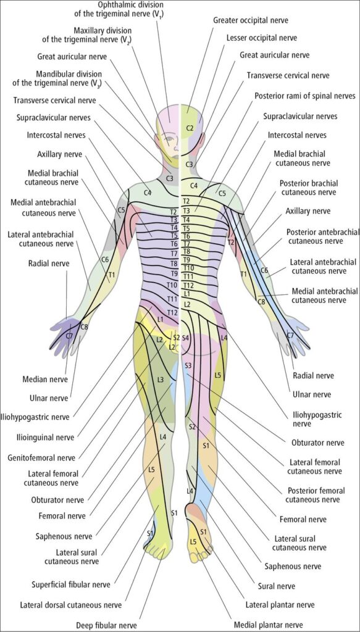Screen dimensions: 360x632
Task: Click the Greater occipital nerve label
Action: tap(251, 20)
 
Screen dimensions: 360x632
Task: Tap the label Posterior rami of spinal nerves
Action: tap(305, 96)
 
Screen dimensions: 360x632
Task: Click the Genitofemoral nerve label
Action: tap(41, 458)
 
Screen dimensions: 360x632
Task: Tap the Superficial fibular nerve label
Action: tap(73, 584)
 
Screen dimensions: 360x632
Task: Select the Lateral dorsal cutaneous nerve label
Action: tap(70, 605)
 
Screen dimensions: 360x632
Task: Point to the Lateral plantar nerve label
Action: tap(280, 605)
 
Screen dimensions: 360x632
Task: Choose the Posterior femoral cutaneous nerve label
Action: tap(316, 495)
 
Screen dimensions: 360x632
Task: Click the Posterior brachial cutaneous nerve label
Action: tap(308, 187)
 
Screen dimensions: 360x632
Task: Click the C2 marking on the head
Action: tap(190, 128)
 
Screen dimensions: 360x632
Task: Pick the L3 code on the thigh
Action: tap(161, 380)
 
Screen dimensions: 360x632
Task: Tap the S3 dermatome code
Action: tap(188, 365)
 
